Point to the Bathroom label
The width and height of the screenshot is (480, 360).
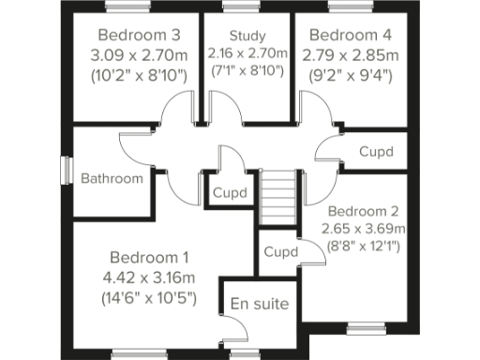(x=112, y=178)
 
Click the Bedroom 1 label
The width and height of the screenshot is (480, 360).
(x=149, y=257)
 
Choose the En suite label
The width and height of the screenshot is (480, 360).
(x=260, y=305)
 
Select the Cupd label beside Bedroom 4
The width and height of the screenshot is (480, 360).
(x=376, y=152)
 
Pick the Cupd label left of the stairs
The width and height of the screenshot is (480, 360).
(x=230, y=193)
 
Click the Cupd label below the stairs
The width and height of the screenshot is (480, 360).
(x=280, y=252)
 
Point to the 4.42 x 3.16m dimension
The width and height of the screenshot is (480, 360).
(x=149, y=277)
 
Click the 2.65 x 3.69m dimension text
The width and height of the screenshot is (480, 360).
(x=364, y=229)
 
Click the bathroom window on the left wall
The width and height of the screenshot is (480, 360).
(x=66, y=170)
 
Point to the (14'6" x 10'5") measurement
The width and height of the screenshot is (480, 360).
(x=149, y=299)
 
